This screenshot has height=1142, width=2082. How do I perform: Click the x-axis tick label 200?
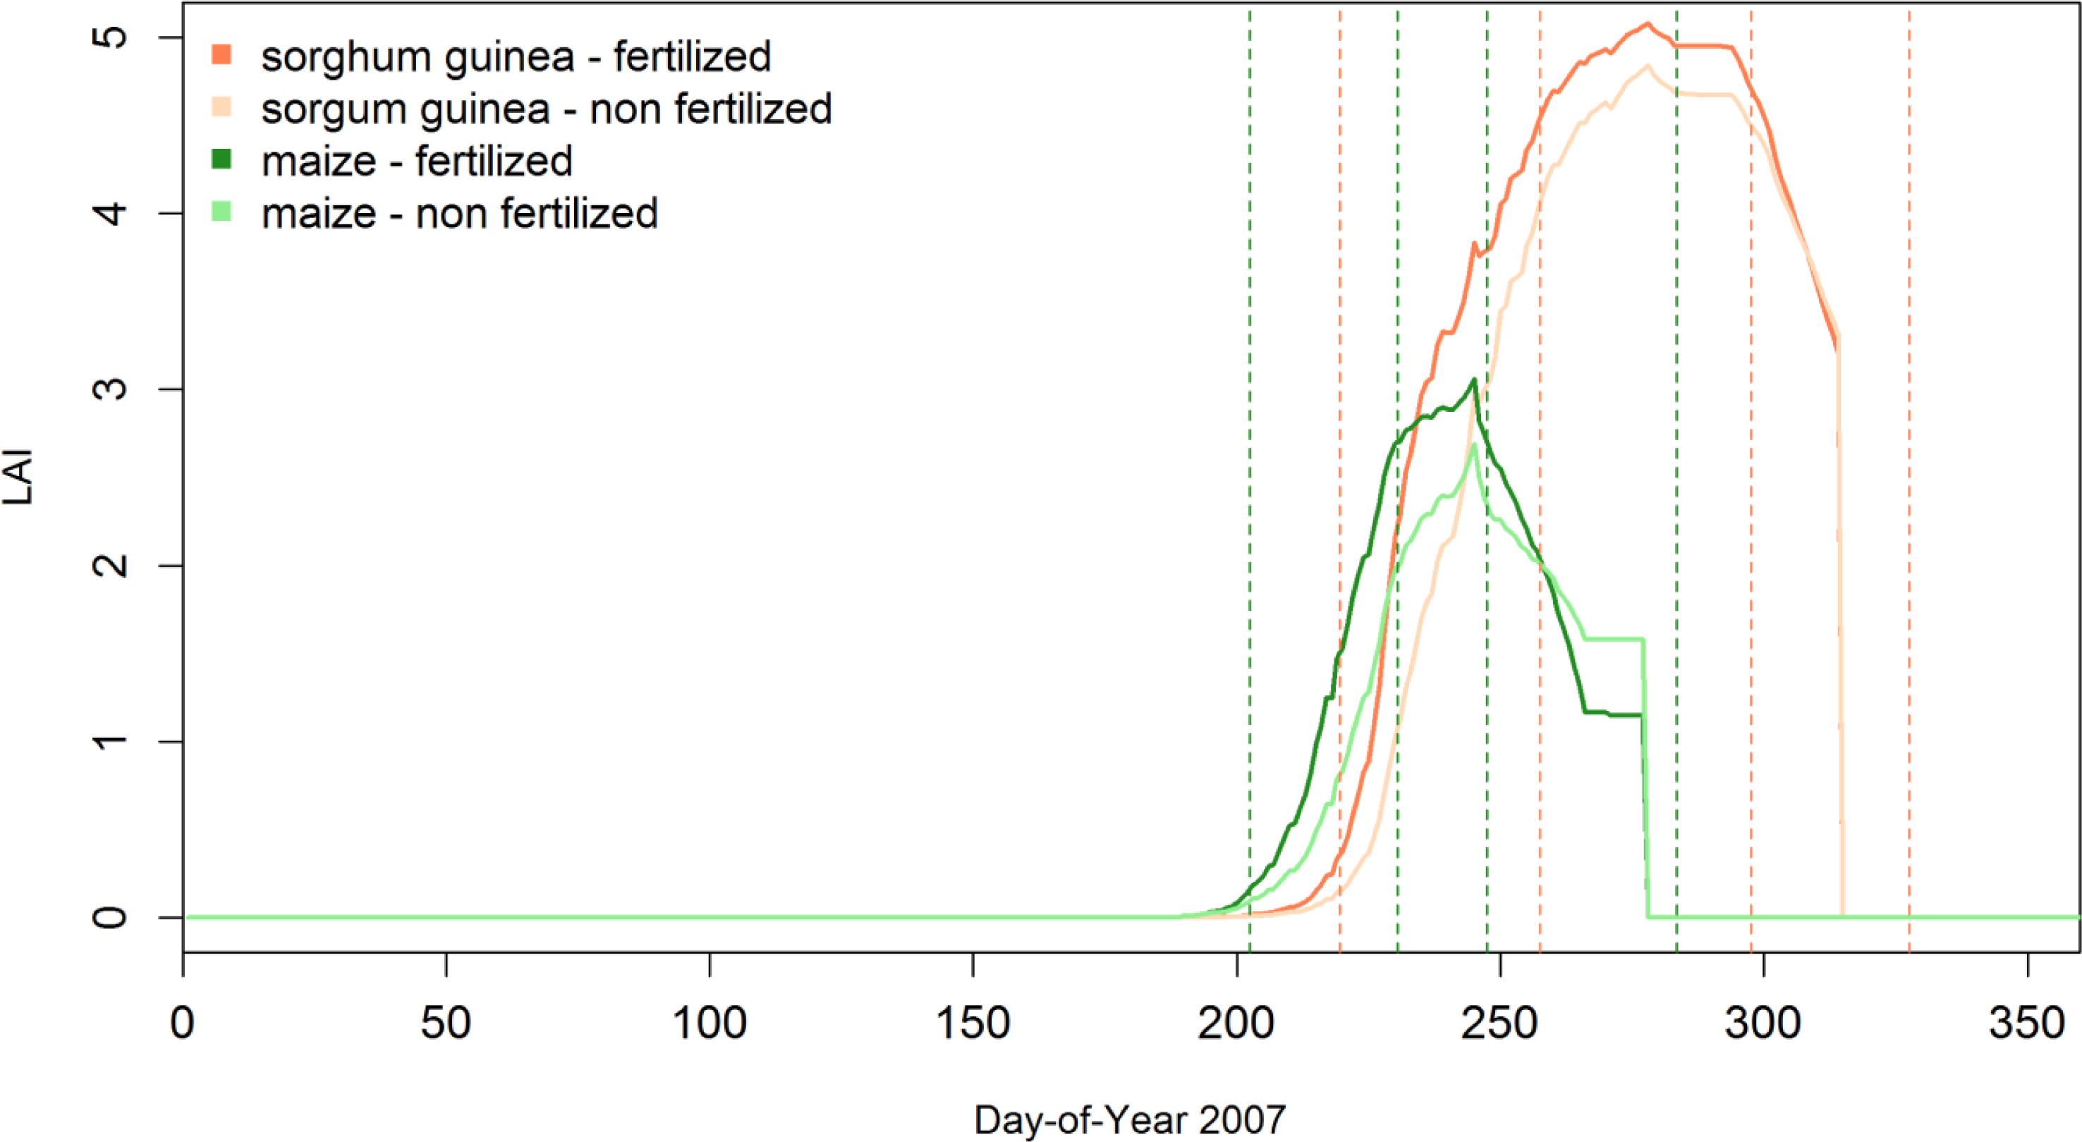click(x=1236, y=1024)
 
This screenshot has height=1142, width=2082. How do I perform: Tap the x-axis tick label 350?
click(x=2028, y=1024)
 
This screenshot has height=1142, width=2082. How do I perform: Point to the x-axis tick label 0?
click(x=183, y=1024)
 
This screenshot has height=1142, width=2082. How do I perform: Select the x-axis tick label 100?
click(x=710, y=1024)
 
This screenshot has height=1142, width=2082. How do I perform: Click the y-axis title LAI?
click(x=18, y=477)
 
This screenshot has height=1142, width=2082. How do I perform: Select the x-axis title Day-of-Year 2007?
click(x=1129, y=1120)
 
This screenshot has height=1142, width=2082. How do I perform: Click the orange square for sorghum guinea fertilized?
click(x=221, y=55)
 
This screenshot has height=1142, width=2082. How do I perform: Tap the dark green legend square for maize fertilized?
click(x=221, y=159)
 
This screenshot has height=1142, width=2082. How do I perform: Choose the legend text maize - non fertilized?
click(x=459, y=213)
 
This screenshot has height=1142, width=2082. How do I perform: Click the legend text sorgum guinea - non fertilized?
click(x=546, y=109)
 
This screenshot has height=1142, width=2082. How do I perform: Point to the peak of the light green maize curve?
click(x=1474, y=444)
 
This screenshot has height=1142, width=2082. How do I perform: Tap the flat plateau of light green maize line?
click(x=1613, y=639)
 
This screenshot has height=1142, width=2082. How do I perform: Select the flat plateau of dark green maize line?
click(x=1613, y=715)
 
